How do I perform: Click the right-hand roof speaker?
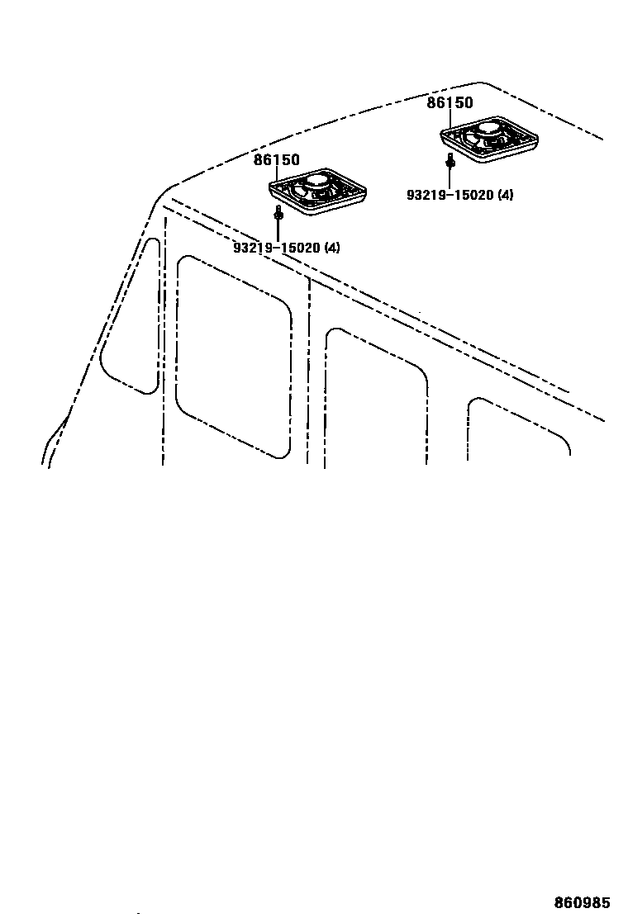pos(488,138)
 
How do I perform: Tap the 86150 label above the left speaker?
pos(276,160)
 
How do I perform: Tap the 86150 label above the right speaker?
pos(450,103)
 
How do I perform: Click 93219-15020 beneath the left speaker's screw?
pos(276,247)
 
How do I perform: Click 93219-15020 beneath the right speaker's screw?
pos(450,195)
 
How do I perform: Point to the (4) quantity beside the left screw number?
pos(331,247)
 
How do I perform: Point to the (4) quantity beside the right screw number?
pos(504,195)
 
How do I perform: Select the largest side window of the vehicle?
pos(234,355)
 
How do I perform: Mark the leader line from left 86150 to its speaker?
pos(278,174)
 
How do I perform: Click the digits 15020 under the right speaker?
pos(473,195)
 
